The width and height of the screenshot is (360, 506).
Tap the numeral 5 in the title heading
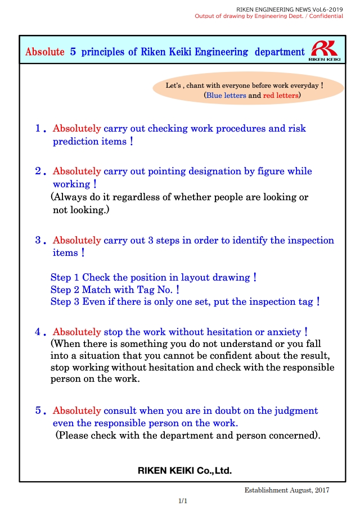click(73, 52)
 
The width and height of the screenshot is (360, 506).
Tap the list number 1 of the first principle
click(39, 129)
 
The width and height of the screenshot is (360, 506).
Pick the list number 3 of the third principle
click(39, 241)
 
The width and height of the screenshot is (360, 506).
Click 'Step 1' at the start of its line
click(61, 278)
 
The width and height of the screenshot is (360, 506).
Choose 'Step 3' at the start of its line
click(61, 302)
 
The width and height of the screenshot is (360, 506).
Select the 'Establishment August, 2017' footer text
click(287, 490)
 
